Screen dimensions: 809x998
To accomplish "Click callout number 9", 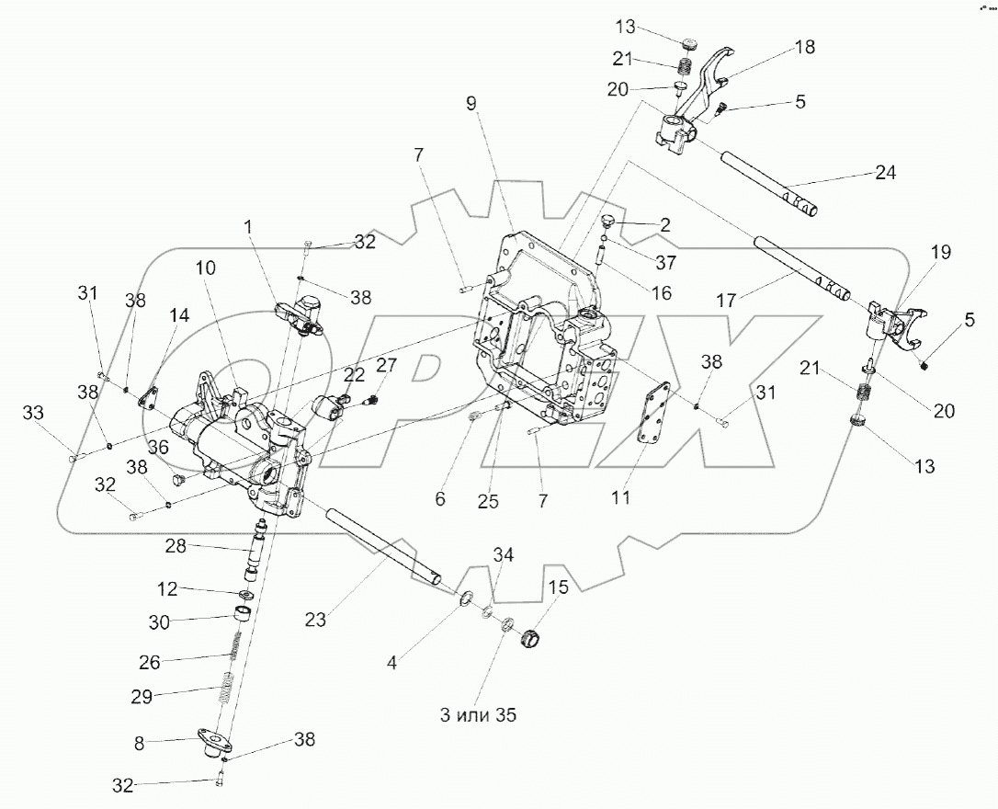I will (x=471, y=103).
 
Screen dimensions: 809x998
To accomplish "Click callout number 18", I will (x=804, y=47).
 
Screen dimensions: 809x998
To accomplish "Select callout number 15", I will (x=559, y=586).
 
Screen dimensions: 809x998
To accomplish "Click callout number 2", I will (x=664, y=225).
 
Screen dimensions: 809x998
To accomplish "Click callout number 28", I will (x=175, y=546).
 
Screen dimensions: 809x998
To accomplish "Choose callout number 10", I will (x=205, y=268).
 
